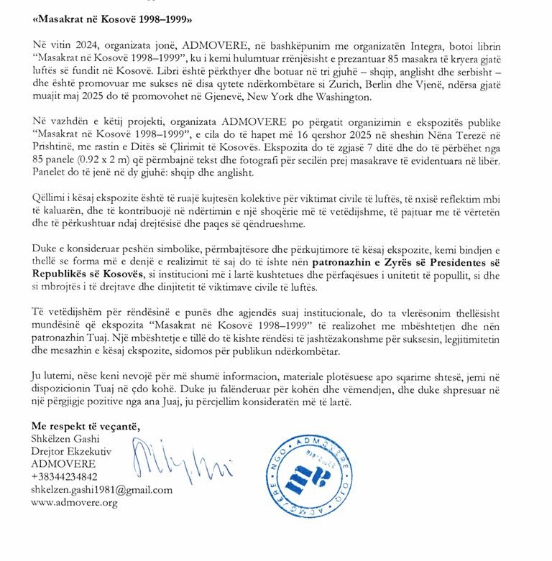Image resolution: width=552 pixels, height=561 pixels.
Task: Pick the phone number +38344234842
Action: (x=65, y=476)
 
